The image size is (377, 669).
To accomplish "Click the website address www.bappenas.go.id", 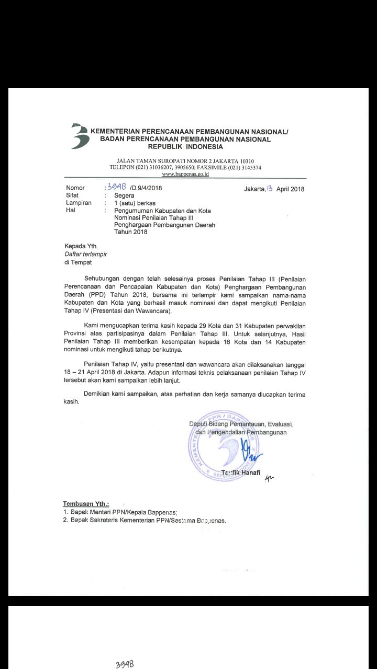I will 185,174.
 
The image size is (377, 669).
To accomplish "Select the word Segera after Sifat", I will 124,195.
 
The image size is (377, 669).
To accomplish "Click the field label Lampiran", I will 79,203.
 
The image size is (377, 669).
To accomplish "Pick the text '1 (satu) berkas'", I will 135,203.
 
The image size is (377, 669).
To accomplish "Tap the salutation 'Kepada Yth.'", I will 81,246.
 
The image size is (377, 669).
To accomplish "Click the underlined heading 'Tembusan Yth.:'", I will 86,504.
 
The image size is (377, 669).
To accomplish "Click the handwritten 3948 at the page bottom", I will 125,664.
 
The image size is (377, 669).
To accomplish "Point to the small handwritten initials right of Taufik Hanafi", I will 270,476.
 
